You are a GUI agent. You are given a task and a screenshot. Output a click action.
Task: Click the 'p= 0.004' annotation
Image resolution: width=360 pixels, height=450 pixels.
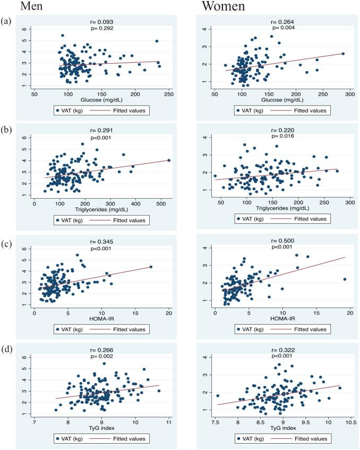click(x=283, y=28)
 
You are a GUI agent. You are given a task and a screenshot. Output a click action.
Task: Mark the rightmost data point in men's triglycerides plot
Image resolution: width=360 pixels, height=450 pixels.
click(x=169, y=160)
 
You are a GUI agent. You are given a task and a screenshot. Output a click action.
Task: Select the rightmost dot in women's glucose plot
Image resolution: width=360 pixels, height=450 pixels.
click(x=342, y=54)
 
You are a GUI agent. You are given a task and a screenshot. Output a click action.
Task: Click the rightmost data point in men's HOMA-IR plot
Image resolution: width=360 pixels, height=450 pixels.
click(x=151, y=267)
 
